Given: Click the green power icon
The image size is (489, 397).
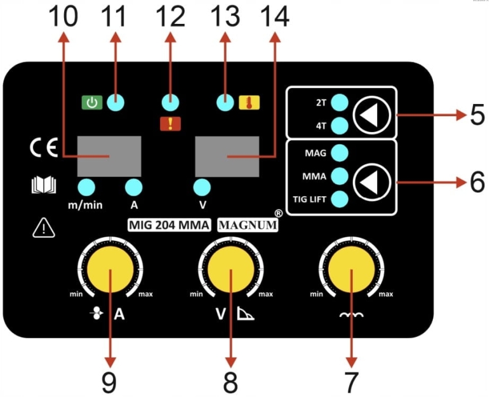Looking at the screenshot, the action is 92,103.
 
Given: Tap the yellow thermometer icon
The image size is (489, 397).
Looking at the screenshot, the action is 249,103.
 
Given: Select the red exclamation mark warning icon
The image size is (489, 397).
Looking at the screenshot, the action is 171,124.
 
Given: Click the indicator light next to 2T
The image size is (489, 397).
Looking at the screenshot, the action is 339,103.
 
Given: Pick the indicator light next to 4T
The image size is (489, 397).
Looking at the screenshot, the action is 339,126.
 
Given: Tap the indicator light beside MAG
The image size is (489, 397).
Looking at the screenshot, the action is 339,153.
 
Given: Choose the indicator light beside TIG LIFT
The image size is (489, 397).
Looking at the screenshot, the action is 339,199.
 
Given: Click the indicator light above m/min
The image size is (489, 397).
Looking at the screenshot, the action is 86,187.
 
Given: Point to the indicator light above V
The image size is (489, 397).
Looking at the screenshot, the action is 202,187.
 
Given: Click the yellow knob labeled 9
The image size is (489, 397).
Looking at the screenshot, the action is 110,269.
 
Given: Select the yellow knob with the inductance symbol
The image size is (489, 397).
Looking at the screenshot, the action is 351,269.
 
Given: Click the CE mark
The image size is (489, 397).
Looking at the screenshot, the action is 44,147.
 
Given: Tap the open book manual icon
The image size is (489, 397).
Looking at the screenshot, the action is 44,185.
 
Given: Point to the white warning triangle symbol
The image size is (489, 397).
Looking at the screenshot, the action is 44,228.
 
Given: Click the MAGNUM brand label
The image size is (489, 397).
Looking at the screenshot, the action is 248,224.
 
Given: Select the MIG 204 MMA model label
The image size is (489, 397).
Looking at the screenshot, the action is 169,224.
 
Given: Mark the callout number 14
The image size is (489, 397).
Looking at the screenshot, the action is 274,17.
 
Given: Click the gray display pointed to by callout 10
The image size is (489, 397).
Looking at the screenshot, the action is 109,157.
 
